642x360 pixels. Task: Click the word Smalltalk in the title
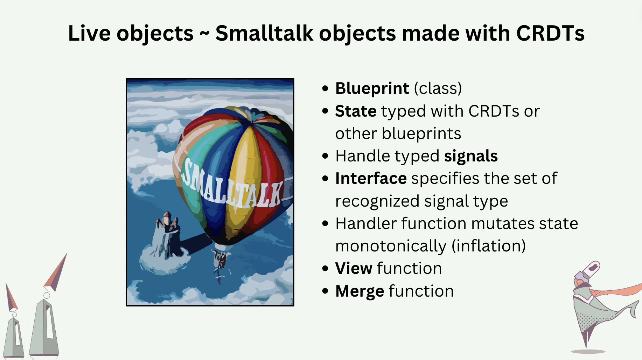point(264,33)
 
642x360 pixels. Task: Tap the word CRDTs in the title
point(550,33)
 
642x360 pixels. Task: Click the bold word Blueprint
point(372,88)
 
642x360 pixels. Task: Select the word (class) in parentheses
point(438,88)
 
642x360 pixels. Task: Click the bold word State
point(356,111)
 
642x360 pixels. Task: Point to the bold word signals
point(471,156)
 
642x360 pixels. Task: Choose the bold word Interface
point(371,178)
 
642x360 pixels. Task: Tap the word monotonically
point(391,246)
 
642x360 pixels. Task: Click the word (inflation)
point(489,246)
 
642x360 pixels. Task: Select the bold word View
point(354,268)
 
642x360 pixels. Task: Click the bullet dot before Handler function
point(325,223)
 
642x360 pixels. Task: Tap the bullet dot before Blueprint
point(325,88)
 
